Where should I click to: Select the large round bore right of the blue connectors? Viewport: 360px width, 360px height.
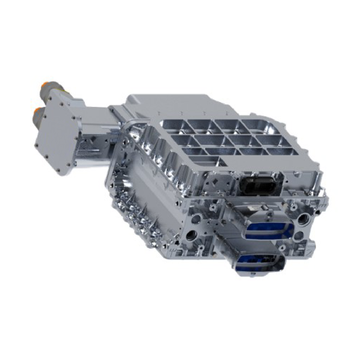point(303,219)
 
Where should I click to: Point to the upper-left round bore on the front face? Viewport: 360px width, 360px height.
point(197,218)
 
